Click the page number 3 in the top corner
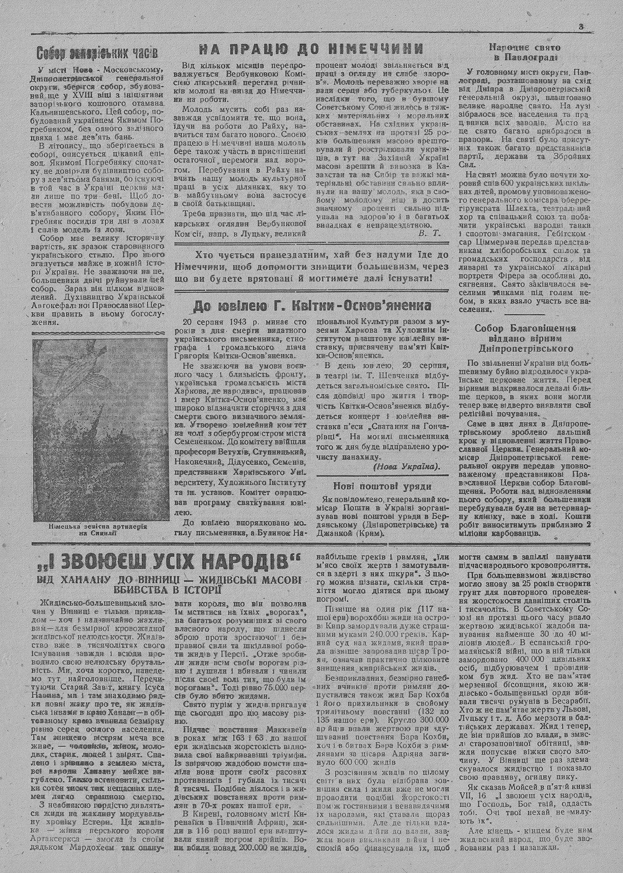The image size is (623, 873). pos(579,26)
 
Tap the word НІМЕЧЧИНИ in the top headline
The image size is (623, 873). pos(374,49)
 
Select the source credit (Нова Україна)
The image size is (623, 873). pos(406,467)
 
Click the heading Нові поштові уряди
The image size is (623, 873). pos(382,486)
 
